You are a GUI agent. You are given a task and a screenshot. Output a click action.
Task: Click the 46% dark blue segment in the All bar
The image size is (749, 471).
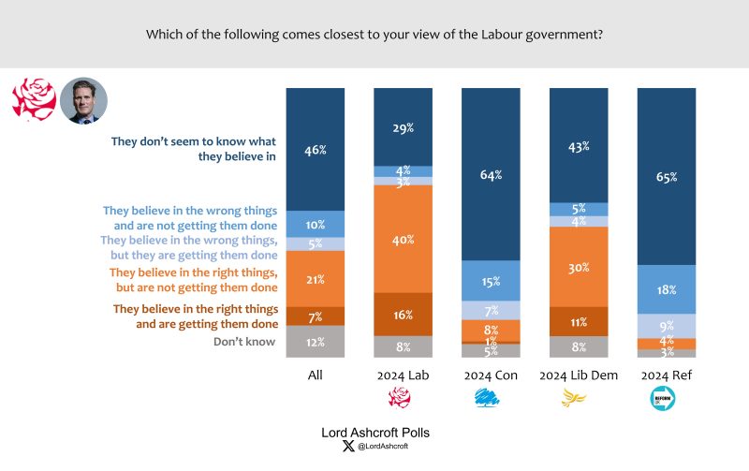[x=315, y=149]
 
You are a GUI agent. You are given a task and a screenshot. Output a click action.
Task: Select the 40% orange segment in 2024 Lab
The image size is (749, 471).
[x=403, y=239]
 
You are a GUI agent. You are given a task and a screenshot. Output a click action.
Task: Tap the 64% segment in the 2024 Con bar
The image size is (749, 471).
[x=491, y=174]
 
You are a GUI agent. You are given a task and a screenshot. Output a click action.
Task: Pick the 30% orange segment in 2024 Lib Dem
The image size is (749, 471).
[x=578, y=267]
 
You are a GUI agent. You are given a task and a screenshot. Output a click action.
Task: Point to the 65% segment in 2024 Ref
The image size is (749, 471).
[x=666, y=176]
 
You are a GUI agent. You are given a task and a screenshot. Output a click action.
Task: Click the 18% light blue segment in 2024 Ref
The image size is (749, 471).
[x=666, y=289]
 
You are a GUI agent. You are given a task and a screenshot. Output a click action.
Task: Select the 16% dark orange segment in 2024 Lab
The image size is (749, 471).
[x=403, y=315]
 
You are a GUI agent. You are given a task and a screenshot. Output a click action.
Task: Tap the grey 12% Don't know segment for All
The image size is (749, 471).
[x=315, y=341]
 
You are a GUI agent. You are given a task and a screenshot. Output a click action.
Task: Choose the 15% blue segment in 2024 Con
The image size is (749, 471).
[x=491, y=280]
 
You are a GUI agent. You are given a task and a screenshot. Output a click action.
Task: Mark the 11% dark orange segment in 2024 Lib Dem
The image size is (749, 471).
[x=578, y=321]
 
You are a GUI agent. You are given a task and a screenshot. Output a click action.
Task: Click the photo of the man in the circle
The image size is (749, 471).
[x=84, y=100]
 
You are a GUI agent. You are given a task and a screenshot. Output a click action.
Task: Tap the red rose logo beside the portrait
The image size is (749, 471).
[x=34, y=99]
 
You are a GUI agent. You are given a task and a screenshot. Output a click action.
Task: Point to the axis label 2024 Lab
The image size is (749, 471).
[x=403, y=375]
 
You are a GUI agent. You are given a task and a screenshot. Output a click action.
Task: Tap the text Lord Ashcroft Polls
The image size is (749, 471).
[x=374, y=433]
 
